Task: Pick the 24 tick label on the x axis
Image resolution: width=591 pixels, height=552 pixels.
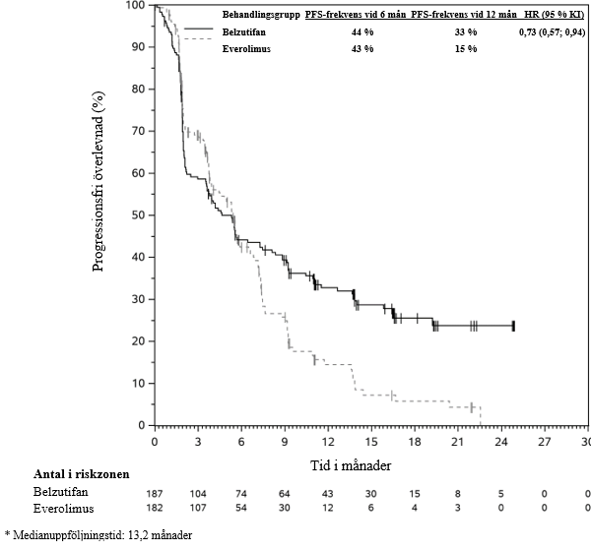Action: point(501,442)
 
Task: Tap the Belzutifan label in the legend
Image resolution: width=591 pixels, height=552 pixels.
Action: point(248,32)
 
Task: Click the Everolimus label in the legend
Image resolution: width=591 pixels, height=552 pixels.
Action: point(248,49)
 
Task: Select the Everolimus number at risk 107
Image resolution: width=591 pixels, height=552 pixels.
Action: point(198,508)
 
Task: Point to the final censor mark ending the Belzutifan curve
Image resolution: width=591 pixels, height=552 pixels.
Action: point(513,325)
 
